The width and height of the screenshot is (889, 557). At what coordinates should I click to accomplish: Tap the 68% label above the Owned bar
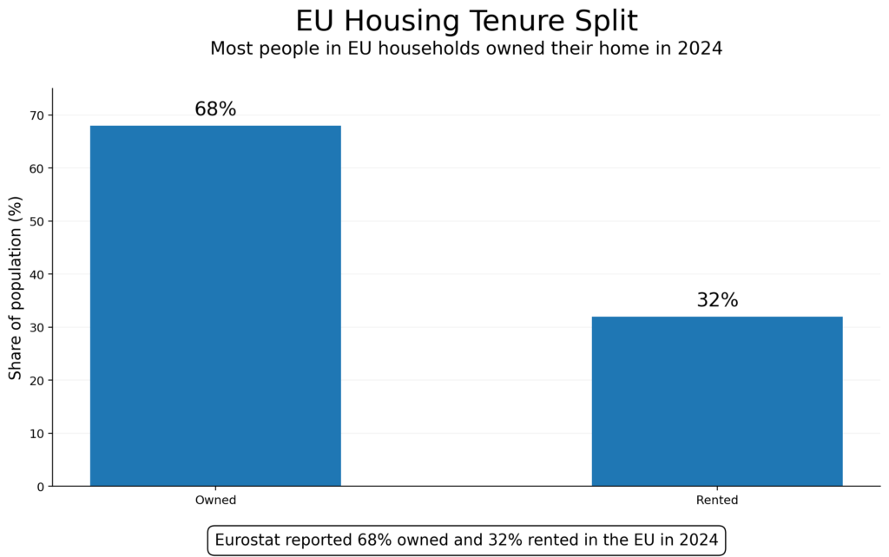coord(215,109)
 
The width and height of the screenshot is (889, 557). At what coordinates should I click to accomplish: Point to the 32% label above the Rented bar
coord(717,300)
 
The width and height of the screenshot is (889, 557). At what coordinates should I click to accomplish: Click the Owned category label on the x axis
coord(215,501)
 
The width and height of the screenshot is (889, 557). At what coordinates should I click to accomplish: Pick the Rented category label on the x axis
coord(717,501)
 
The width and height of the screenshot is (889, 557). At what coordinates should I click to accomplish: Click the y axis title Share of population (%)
coord(16,287)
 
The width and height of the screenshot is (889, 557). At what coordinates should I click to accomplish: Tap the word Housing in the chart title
coord(385,21)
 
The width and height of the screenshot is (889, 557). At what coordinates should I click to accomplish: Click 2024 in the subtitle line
coord(701,49)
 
